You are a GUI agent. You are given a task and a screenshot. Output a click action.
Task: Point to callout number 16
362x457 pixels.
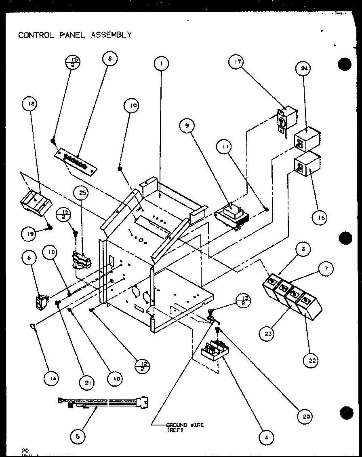(319, 218)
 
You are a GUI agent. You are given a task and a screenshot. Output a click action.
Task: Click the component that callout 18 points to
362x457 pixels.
(35, 201)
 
